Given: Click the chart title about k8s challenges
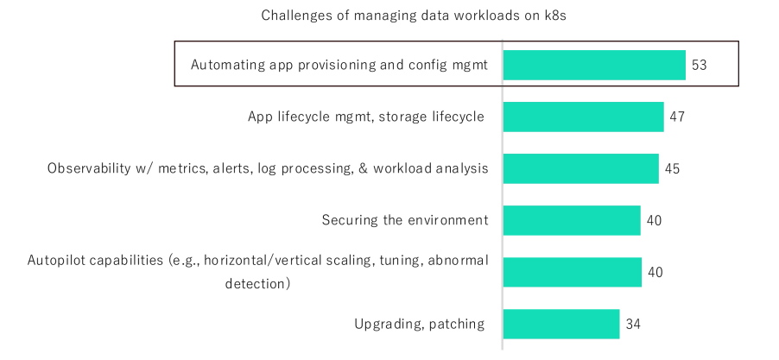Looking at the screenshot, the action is coord(414,16).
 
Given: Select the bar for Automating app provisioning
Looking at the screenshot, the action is coord(594,65).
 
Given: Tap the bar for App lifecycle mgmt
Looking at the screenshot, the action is coord(583,117).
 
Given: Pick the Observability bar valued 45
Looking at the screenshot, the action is coord(580,168).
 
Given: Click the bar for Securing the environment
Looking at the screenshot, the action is coord(572,220).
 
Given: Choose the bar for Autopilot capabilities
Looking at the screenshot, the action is coord(573,272).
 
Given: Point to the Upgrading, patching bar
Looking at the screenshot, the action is coord(561,324).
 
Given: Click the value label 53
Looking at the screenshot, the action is coord(699,65).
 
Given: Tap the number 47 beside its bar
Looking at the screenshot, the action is coord(677,117).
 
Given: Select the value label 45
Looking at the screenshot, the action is coord(672,169).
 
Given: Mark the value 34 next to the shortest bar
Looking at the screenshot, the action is coord(633,325).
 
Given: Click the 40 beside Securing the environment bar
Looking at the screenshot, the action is coord(655,220).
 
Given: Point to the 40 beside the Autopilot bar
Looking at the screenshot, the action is coord(655,273).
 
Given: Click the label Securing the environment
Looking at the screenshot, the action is coord(405,220).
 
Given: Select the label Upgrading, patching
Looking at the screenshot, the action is coord(420,325).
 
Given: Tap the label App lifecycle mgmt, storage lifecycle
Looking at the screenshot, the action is coord(365,117).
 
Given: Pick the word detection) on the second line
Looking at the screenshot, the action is coord(257,284).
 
